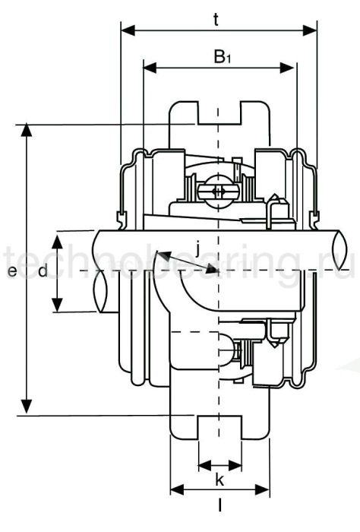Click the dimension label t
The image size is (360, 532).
(x=217, y=20)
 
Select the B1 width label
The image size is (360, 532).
(x=221, y=57)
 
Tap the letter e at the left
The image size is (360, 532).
(x=11, y=271)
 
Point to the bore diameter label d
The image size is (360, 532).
(x=43, y=271)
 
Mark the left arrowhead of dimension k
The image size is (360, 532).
(x=202, y=464)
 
